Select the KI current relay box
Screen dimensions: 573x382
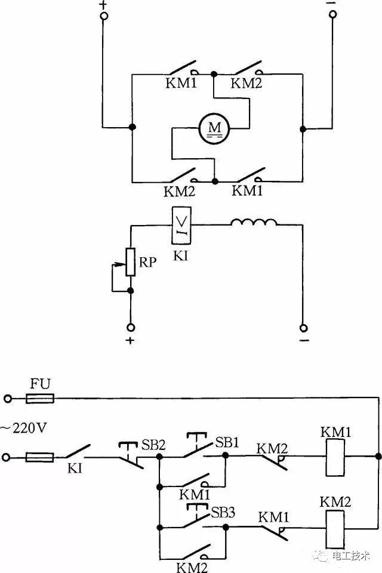pyautogui.click(x=181, y=225)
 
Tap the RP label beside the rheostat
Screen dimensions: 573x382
pyautogui.click(x=147, y=261)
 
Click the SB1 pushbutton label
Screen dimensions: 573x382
pyautogui.click(x=227, y=443)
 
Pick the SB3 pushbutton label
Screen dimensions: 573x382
pyautogui.click(x=223, y=512)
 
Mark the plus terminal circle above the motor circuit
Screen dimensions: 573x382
pyautogui.click(x=103, y=17)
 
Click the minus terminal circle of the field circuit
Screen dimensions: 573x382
pyautogui.click(x=303, y=328)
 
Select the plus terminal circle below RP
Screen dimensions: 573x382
pyautogui.click(x=131, y=328)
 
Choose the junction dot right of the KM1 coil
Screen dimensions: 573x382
pyautogui.click(x=378, y=457)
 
